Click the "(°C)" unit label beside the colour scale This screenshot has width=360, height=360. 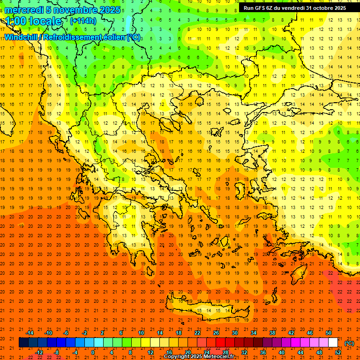349,343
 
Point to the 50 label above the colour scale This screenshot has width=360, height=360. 328,333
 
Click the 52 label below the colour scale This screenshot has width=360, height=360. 338,352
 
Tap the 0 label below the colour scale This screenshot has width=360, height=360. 93,352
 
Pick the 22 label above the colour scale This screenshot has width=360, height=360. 197,333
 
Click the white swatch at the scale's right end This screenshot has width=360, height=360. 333,343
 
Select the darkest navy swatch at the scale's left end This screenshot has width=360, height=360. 23,343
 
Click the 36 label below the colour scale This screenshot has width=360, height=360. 263,352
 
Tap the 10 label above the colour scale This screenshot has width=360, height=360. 141,333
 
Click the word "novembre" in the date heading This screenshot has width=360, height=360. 74,10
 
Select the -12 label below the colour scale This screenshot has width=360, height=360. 39,352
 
